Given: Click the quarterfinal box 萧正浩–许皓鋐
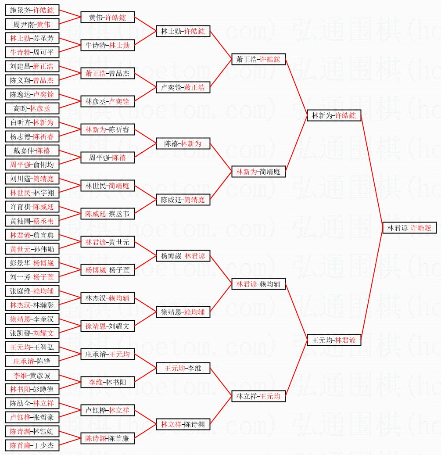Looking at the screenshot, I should (x=258, y=59).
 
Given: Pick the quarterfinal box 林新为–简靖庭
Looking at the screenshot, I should (x=258, y=172).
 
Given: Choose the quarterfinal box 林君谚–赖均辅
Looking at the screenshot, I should (x=258, y=284).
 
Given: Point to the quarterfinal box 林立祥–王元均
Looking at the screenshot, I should (x=258, y=396).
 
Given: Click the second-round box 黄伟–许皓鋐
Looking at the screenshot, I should (x=108, y=17).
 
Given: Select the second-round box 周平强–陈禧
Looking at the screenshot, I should (x=108, y=158).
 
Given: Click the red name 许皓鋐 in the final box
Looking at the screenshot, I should (x=421, y=228).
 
